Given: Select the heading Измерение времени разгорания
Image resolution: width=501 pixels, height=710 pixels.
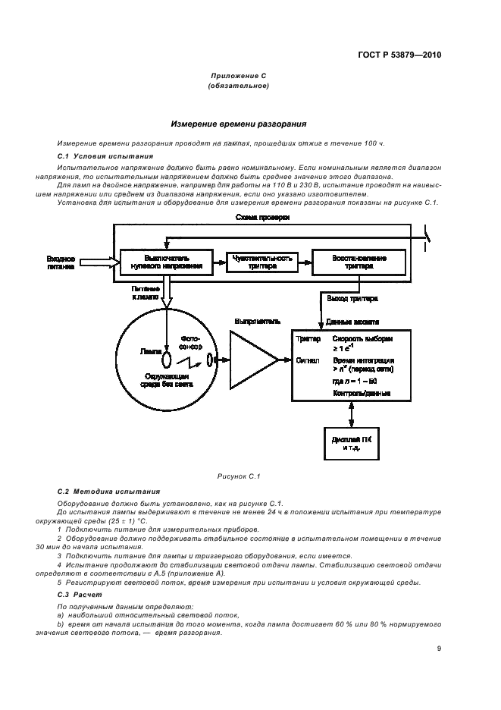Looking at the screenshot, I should click(238, 124).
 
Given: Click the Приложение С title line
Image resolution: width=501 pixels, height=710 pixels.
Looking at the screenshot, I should click(238, 76).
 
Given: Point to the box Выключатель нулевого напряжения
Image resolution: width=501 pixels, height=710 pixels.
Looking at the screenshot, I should click(161, 262).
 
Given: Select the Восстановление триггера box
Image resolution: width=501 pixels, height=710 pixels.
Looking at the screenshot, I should click(359, 262).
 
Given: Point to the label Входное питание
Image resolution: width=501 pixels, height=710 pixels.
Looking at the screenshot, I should click(61, 262).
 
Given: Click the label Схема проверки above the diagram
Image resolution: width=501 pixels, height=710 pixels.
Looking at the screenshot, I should click(262, 218).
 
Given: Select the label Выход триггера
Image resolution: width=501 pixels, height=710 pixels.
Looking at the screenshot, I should click(347, 300).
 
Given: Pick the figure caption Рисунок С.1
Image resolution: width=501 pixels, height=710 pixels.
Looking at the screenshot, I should click(238, 476).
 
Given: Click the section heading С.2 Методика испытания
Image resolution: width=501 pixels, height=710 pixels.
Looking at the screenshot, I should click(99, 492).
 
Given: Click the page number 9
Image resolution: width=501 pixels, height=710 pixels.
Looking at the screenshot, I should click(439, 648).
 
